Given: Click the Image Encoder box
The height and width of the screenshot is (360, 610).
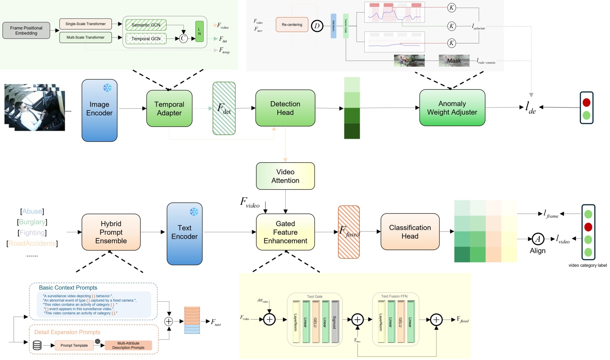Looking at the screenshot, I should tap(99, 110).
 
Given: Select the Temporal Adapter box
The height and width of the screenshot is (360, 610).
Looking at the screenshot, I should tap(169, 108).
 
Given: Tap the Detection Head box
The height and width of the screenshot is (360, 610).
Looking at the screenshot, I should tap(285, 108).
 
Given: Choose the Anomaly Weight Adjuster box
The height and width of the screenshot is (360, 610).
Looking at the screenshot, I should tap(452, 108).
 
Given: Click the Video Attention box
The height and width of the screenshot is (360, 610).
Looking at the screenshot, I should tap(285, 176).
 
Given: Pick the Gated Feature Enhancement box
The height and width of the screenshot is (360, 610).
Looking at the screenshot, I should tap(285, 232).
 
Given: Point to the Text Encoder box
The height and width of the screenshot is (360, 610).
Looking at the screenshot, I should tap(184, 233).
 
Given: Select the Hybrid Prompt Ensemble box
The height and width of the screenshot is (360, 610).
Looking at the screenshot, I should tap(111, 232).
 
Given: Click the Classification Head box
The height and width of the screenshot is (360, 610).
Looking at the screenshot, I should tap(410, 231).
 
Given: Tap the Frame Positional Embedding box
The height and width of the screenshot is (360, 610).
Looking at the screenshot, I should tap(26, 31).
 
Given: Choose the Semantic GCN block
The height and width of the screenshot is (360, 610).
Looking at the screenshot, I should tap(146, 25).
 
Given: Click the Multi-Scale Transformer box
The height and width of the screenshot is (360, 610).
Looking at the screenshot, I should tap(85, 37).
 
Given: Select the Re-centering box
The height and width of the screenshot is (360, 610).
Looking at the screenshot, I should tap(292, 25).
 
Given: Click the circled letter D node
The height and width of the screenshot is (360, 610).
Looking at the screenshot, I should tap(317, 26).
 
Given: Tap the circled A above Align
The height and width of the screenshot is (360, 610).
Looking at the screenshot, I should tap(538, 239).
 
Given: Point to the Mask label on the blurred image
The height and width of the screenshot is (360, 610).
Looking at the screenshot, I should tap(454, 61).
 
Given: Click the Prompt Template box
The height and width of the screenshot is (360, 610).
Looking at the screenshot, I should tap(74, 346).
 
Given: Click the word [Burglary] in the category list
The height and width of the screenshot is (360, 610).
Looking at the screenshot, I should tap(32, 222).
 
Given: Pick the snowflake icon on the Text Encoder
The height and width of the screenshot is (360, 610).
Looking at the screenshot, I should tap(194, 212).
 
